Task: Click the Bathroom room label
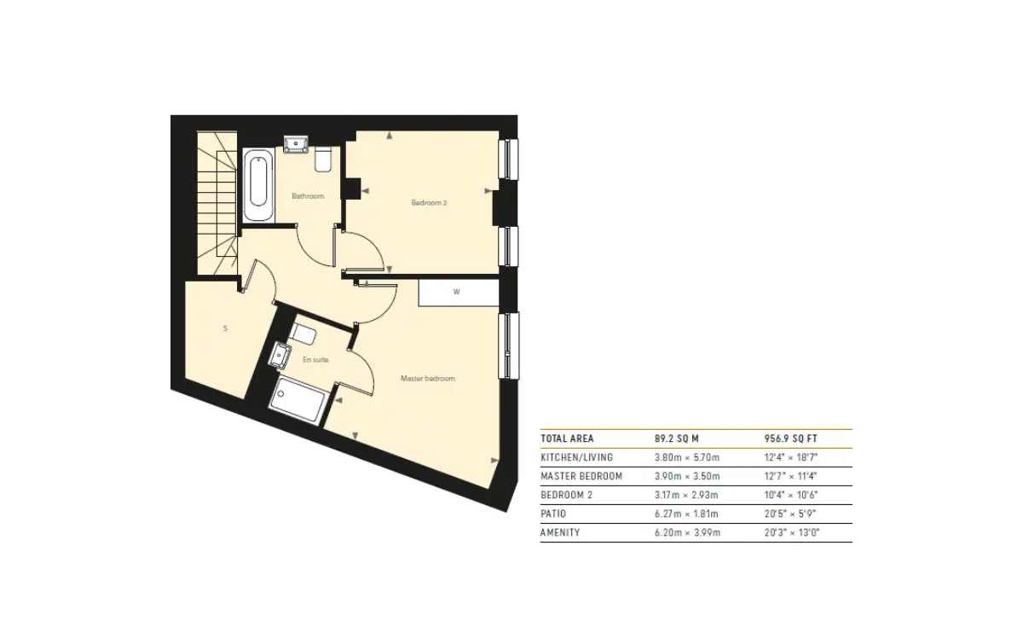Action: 308,196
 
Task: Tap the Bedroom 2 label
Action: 429,202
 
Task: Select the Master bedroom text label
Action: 427,379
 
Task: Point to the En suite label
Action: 315,360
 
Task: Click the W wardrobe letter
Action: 456,292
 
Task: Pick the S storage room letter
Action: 225,328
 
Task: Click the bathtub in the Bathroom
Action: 258,185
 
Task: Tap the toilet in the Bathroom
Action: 323,159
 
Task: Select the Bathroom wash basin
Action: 297,144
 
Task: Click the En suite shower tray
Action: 298,400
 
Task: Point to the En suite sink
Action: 280,356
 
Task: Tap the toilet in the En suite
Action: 303,334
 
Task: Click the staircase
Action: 217,203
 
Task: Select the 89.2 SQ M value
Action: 677,438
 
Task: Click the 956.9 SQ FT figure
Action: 791,438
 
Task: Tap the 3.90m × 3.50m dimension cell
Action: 687,476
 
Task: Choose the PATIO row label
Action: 553,514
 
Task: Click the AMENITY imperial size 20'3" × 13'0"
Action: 792,532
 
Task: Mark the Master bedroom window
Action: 509,346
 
